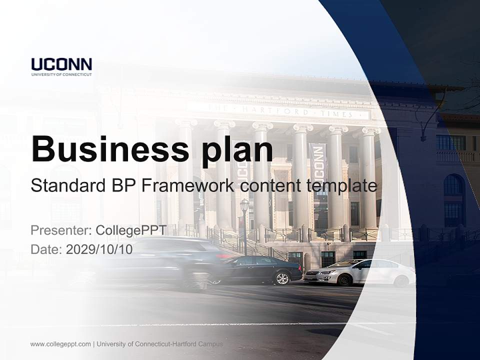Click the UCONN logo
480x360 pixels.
coord(61,64)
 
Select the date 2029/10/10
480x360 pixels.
coord(99,249)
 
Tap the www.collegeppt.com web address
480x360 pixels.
coord(60,344)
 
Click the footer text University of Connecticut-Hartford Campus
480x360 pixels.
coord(160,344)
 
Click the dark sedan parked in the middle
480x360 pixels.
coord(260,269)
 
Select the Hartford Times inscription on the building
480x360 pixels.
coord(280,110)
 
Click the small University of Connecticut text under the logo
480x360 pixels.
coord(61,74)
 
